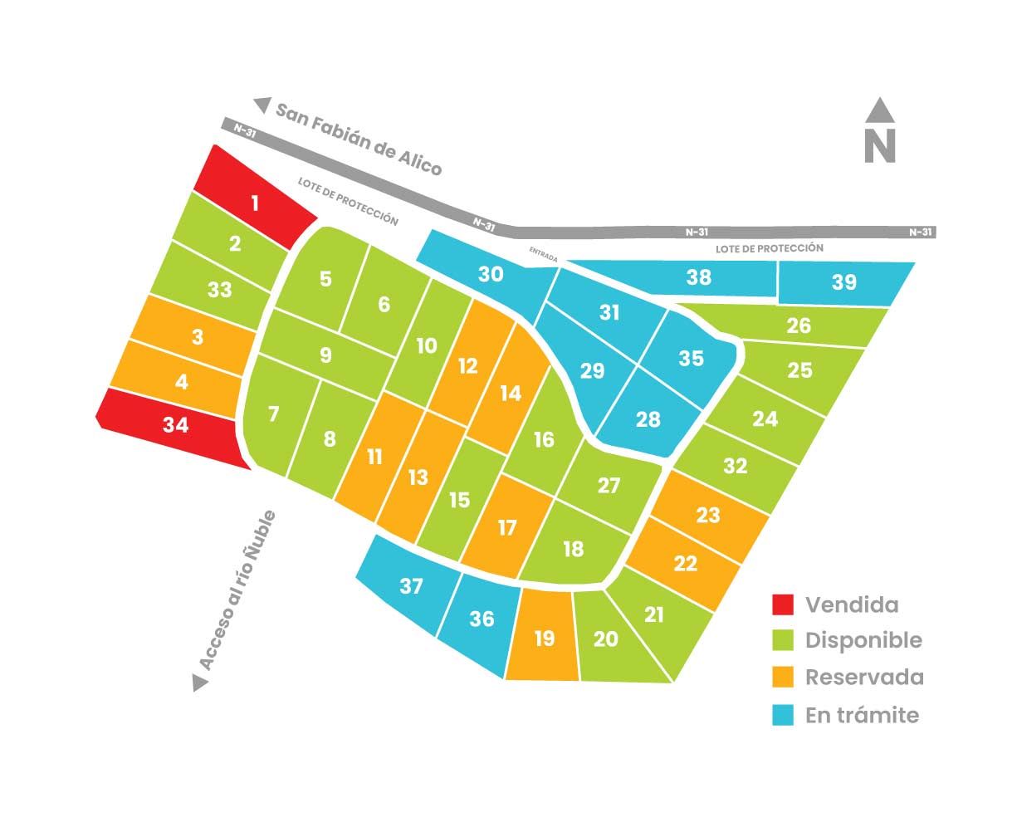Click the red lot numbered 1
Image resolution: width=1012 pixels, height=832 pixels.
point(255,202)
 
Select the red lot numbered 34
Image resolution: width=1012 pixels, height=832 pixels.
point(175,425)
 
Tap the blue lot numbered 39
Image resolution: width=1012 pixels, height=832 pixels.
point(844,282)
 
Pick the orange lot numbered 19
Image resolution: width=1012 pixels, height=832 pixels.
point(544,638)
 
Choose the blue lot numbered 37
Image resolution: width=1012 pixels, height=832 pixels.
point(411,585)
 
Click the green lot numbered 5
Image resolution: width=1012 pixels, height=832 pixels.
point(325,278)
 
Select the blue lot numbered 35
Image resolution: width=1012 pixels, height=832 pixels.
point(691,358)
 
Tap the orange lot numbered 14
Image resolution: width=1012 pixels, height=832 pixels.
point(511,392)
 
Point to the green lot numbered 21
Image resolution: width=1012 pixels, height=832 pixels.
point(654,614)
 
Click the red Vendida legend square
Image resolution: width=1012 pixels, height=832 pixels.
point(783,604)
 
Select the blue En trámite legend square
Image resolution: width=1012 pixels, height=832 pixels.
point(783,715)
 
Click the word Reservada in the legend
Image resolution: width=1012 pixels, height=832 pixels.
point(864,677)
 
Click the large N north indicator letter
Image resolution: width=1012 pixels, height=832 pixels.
point(880,145)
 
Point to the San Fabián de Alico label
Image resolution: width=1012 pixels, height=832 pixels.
point(359,139)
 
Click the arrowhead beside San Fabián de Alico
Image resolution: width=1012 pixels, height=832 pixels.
point(263,105)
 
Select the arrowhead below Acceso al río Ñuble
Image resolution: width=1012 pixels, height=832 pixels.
point(200,683)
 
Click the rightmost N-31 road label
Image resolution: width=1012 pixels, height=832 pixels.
point(921,232)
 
